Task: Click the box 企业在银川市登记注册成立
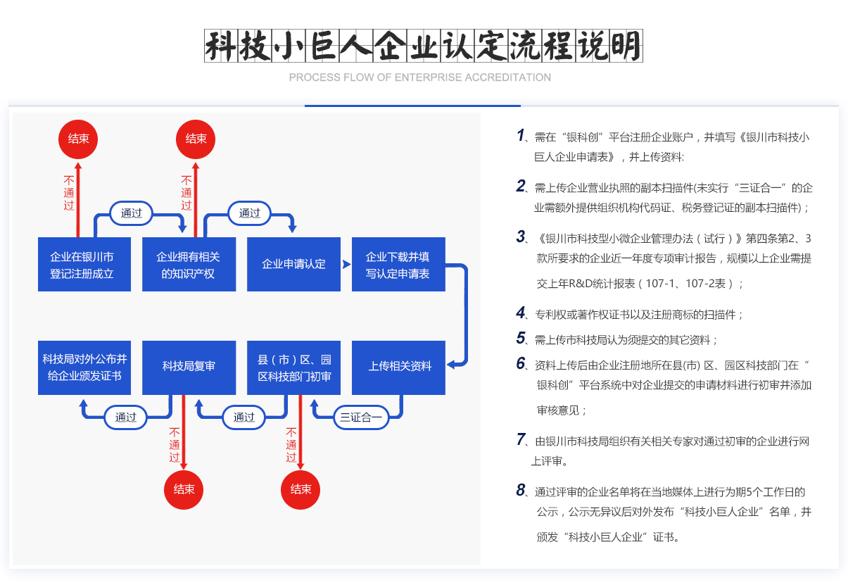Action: coord(84,265)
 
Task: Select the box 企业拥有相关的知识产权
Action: coord(189,265)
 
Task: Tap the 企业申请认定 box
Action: coord(293,265)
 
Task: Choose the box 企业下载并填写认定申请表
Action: coord(398,265)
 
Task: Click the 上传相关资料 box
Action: coord(398,367)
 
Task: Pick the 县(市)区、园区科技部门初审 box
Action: coord(293,367)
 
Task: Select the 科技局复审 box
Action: coord(189,367)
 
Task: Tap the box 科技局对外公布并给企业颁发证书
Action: coord(84,367)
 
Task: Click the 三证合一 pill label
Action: coord(361,417)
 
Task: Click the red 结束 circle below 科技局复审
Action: coord(184,489)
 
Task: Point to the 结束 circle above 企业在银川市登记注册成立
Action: coord(78,139)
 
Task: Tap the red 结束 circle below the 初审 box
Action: coord(301,489)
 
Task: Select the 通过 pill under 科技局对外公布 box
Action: coord(126,417)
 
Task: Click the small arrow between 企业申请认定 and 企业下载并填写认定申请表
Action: coord(346,265)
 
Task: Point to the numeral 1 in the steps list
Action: coord(521,135)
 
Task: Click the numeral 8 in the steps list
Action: coord(521,490)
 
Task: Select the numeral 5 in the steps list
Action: coord(521,338)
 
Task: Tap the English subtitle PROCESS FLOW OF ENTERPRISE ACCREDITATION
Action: coord(420,77)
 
